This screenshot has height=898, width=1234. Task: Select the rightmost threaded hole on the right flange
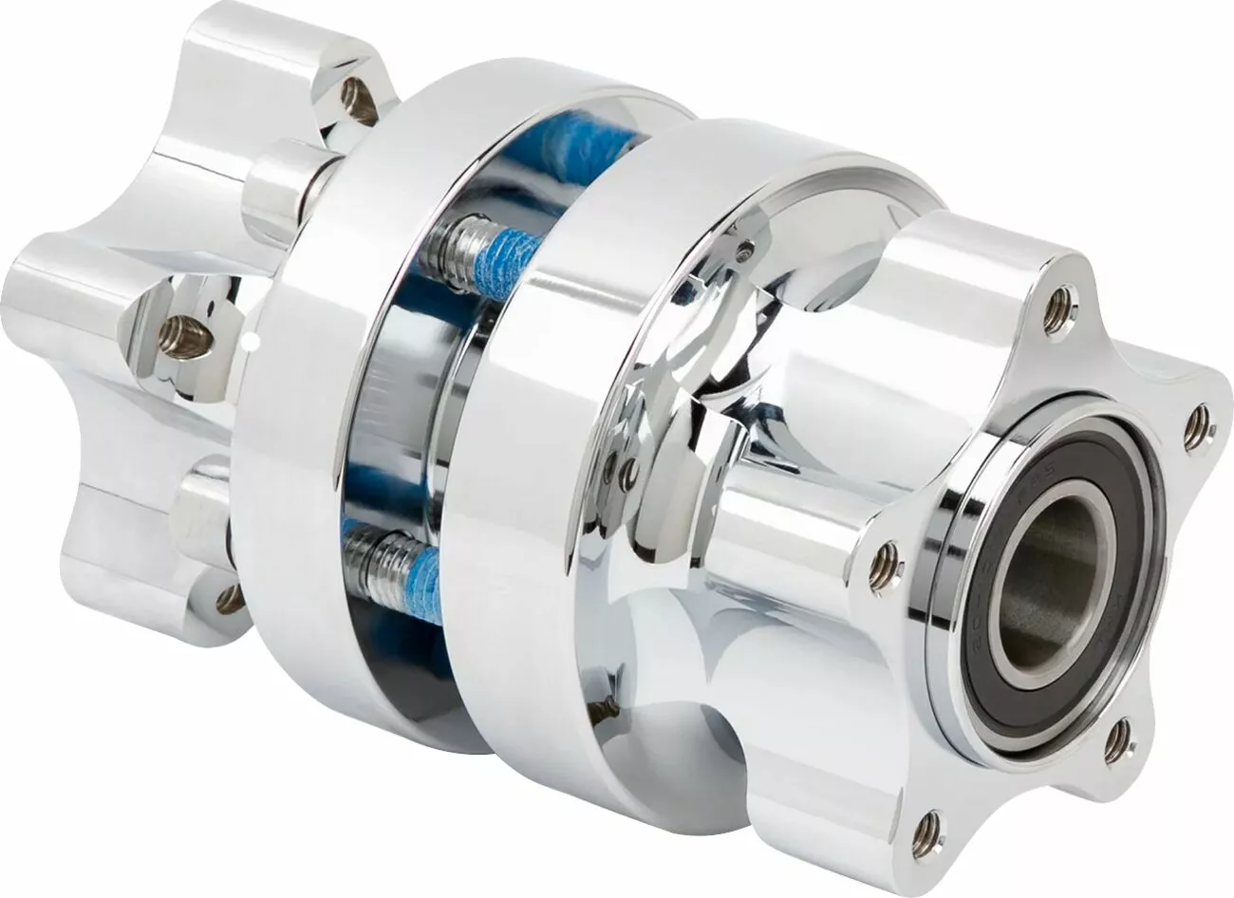[1198, 428]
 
